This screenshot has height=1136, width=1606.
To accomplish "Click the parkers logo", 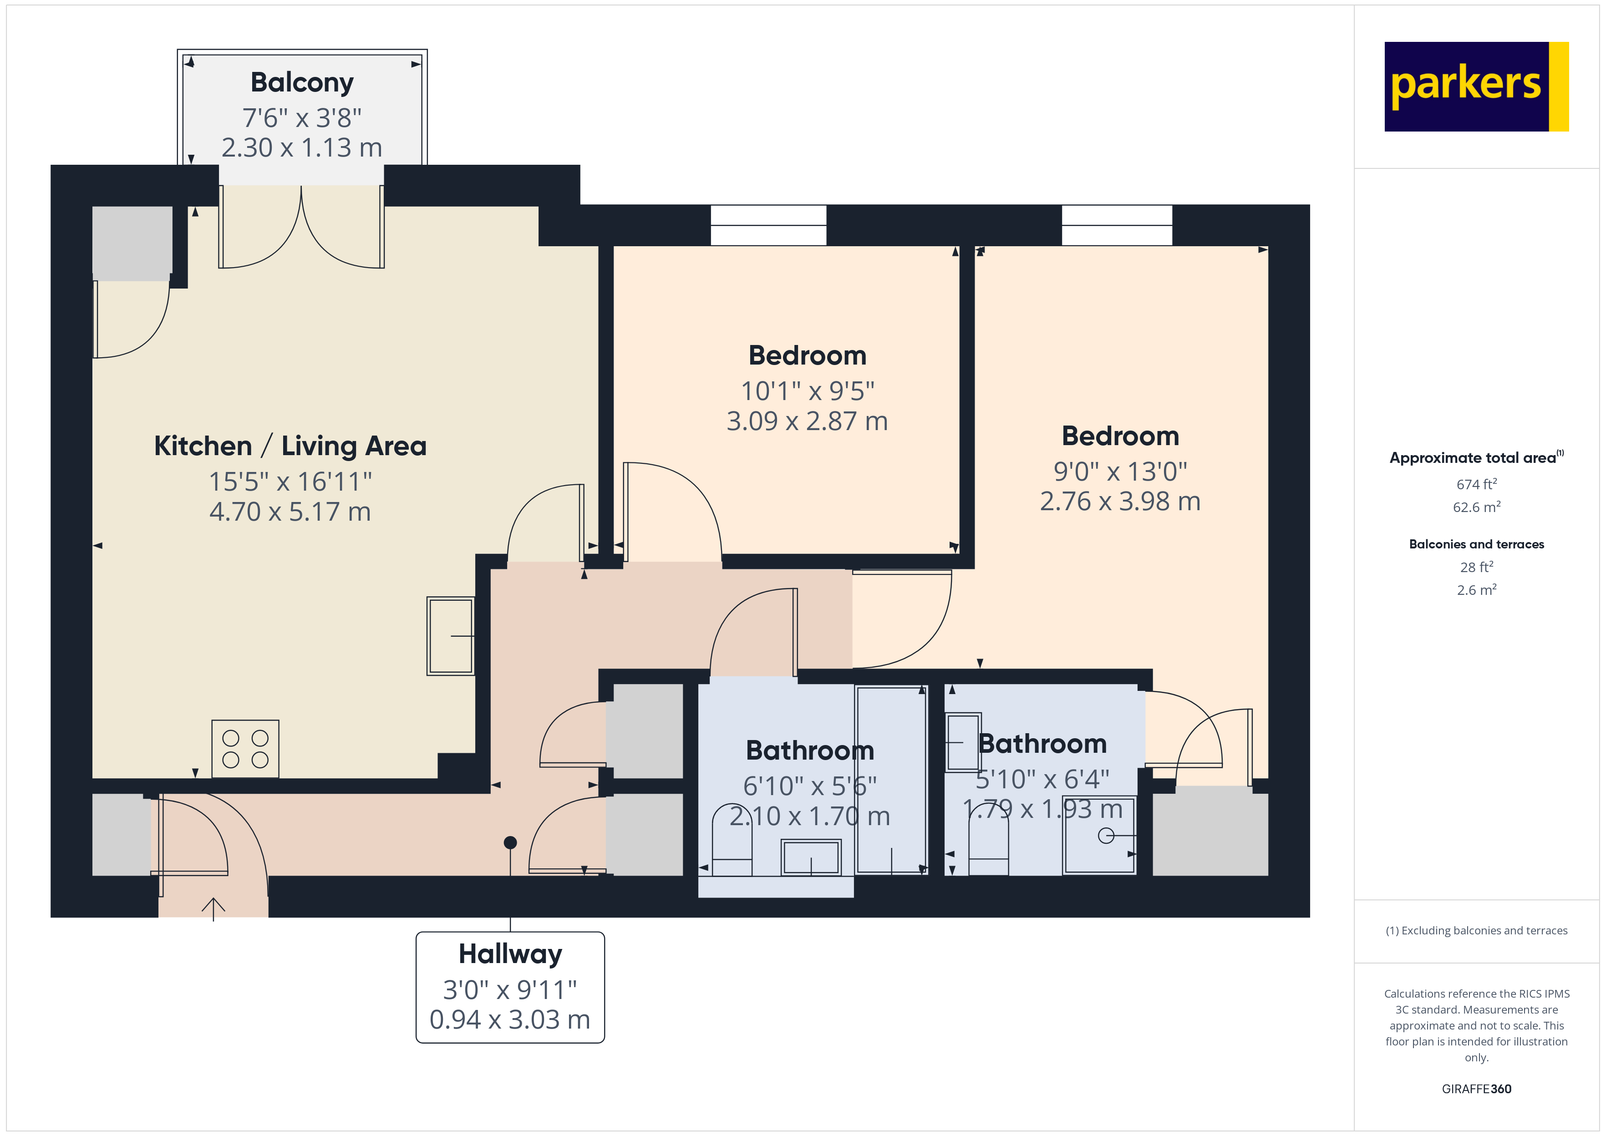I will click(1475, 87).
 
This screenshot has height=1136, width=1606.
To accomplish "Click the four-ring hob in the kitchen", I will click(245, 749).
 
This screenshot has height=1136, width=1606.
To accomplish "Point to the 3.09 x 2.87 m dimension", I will click(807, 421).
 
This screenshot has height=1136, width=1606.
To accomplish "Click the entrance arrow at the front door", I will click(213, 908).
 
